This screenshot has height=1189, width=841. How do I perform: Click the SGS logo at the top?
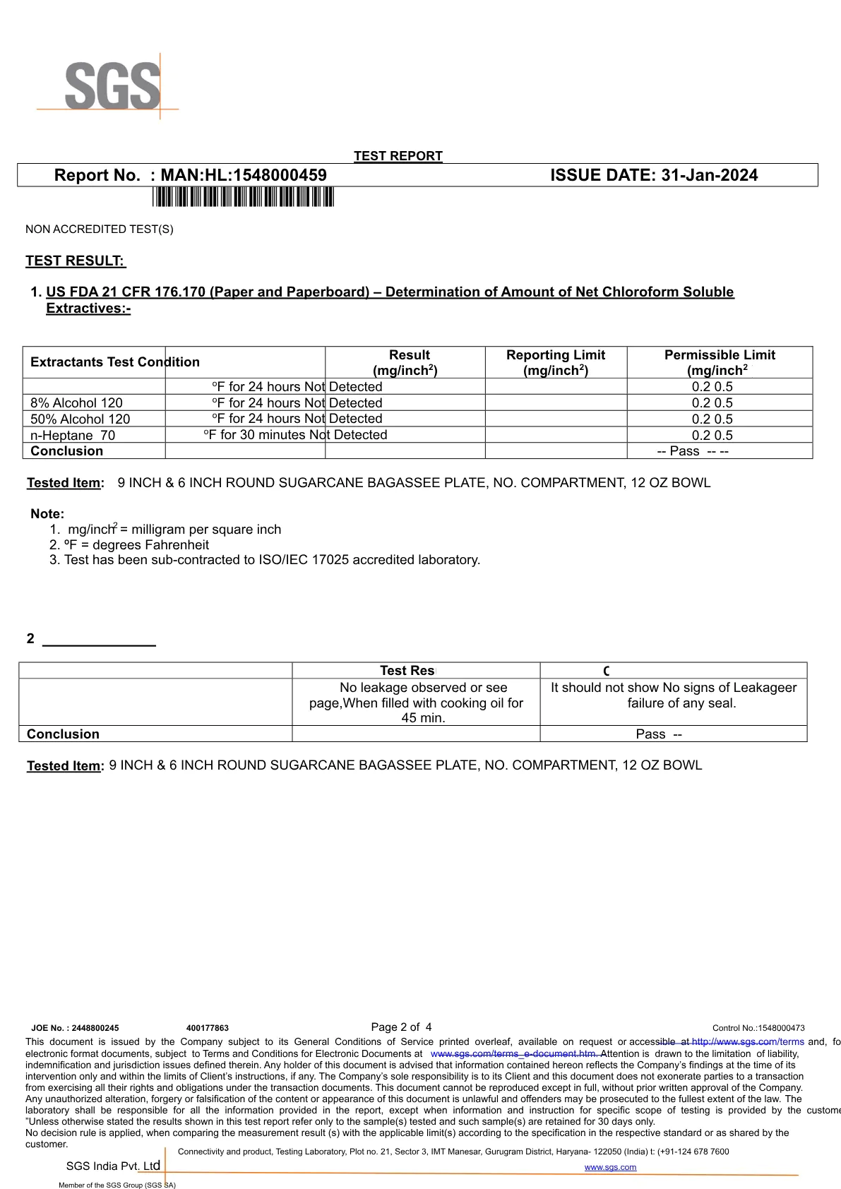[112, 86]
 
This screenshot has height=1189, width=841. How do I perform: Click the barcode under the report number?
[243, 197]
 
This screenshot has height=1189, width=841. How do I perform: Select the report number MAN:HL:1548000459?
[244, 175]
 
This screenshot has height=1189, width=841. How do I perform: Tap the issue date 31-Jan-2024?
[709, 175]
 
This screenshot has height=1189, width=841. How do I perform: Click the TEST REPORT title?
[398, 156]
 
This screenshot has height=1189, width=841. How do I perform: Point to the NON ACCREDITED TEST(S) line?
[100, 229]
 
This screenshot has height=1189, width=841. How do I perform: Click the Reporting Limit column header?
[556, 362]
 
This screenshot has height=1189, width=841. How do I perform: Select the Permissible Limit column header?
[720, 362]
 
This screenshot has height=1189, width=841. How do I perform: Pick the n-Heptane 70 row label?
[73, 436]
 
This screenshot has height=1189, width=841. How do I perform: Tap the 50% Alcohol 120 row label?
[80, 419]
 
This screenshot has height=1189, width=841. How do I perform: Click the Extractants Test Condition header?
[115, 362]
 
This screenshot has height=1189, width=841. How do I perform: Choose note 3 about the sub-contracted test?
[265, 560]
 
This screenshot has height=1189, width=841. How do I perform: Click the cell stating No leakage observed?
[416, 703]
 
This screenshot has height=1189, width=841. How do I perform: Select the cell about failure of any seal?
[674, 695]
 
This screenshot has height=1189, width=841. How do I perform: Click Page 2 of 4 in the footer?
[401, 1027]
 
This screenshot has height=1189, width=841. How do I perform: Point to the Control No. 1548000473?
[758, 1028]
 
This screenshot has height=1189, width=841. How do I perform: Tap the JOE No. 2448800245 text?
[76, 1028]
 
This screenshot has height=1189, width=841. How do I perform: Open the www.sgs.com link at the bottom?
[610, 1167]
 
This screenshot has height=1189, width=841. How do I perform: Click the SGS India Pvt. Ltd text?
[113, 1166]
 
